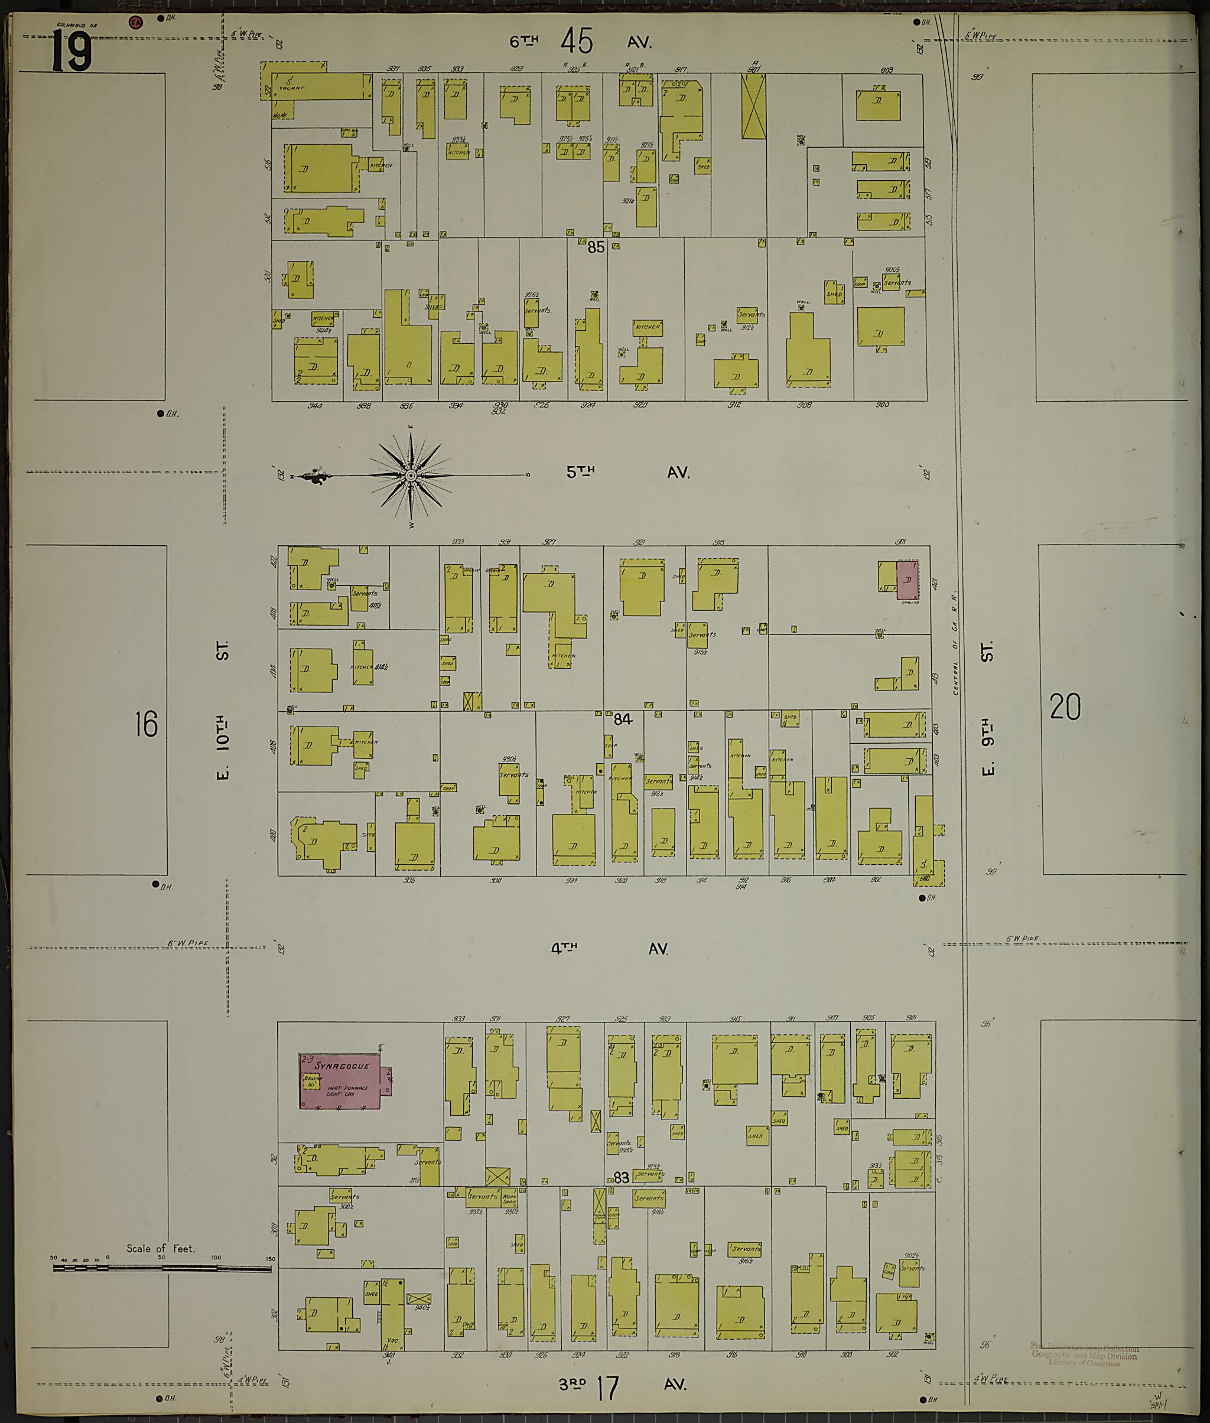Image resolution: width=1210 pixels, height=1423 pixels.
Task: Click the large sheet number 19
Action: [x=71, y=52]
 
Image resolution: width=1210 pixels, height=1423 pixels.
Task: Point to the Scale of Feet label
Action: [x=161, y=1248]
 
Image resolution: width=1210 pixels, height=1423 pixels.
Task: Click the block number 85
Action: [x=596, y=247]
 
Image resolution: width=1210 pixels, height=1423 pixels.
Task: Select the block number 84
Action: [x=622, y=719]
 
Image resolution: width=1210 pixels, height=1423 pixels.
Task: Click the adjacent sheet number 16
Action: [x=146, y=724]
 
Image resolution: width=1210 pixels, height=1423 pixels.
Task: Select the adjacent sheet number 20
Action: [x=1065, y=707]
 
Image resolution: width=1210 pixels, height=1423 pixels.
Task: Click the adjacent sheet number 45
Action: [x=575, y=41]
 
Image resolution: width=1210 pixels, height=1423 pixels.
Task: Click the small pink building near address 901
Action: [x=907, y=579]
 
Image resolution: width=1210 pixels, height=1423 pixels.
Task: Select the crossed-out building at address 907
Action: [x=753, y=106]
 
